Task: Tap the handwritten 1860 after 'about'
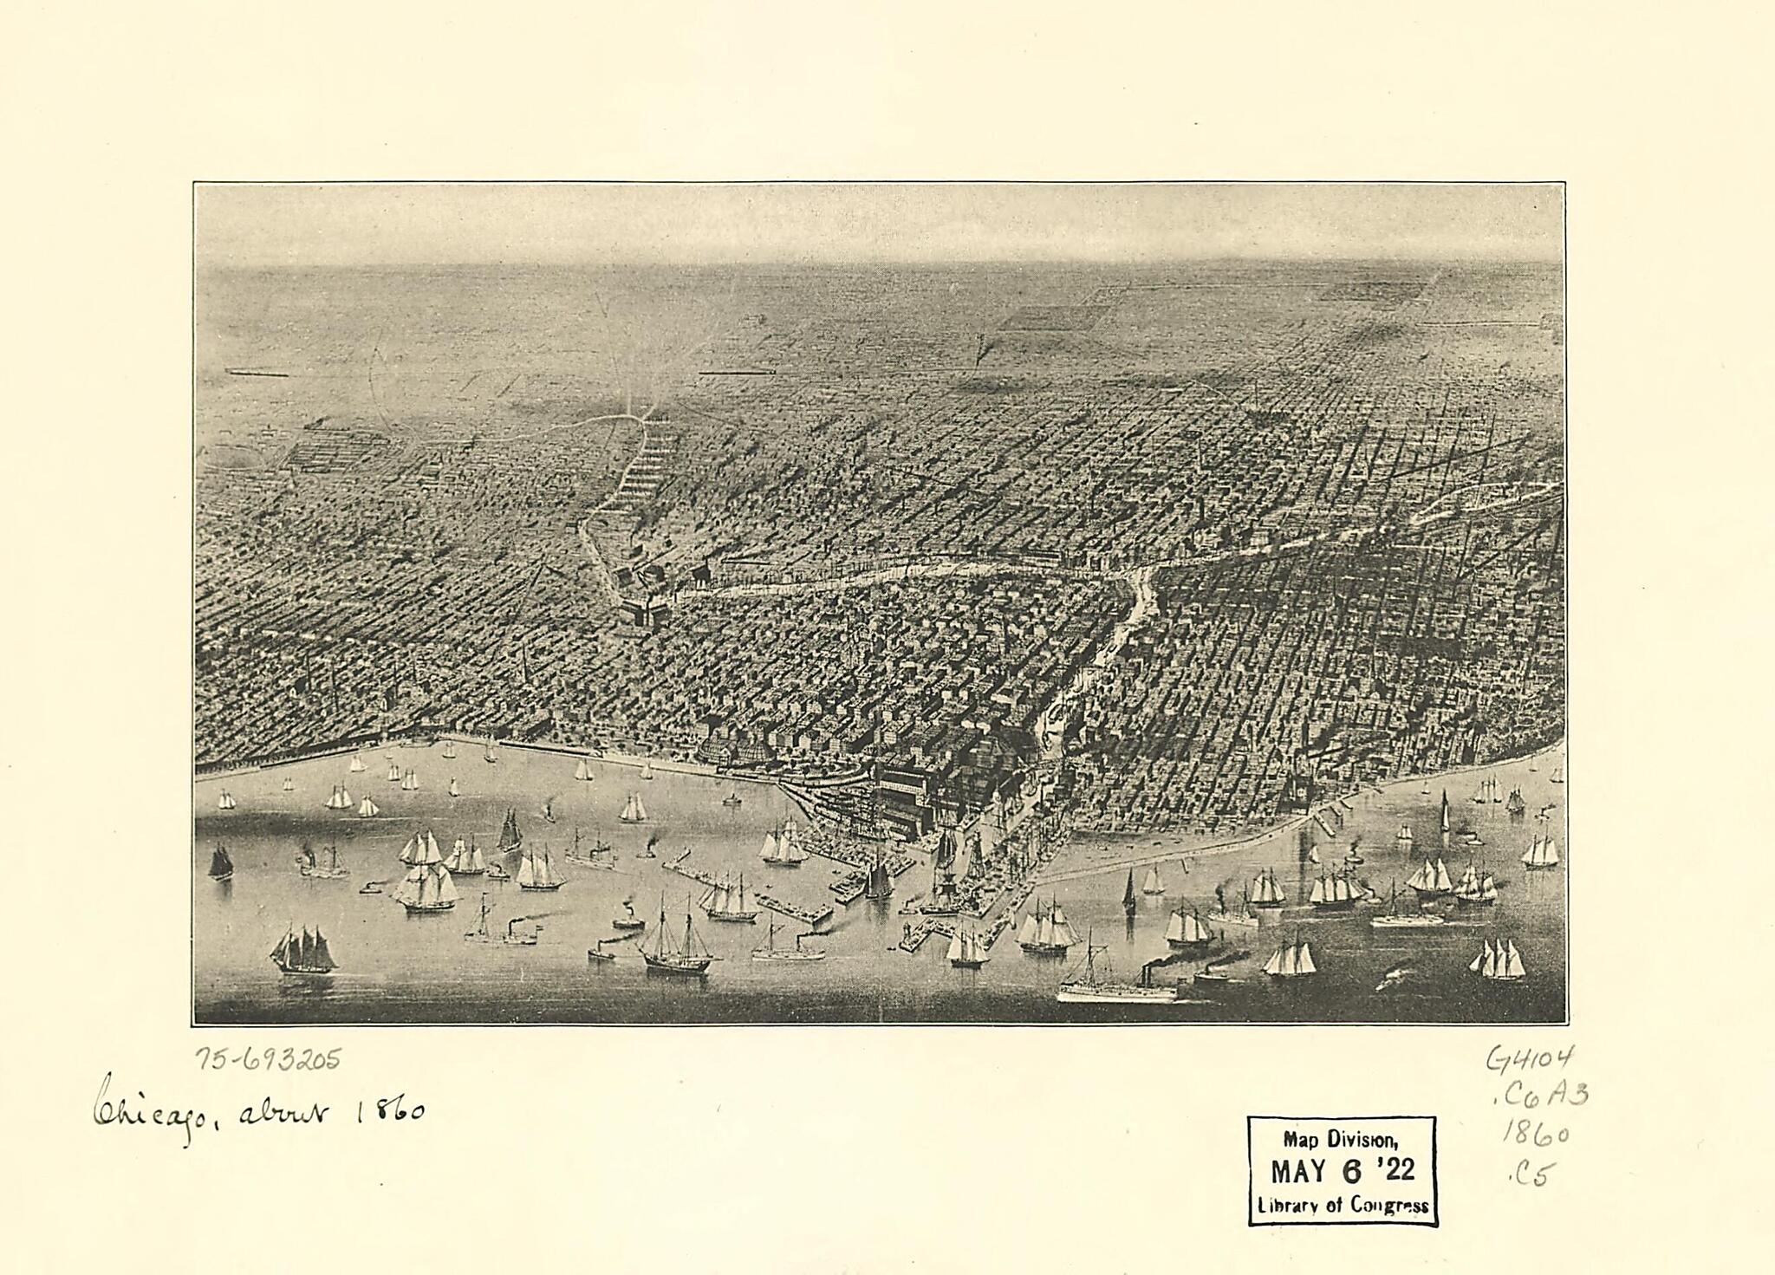coord(390,1110)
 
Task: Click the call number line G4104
coord(1530,1058)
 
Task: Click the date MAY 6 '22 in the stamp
coord(1342,1172)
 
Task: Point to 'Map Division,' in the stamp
coord(1341,1141)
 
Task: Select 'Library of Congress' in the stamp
coord(1343,1206)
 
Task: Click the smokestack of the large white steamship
coord(1149,974)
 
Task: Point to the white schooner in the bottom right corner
coord(1498,960)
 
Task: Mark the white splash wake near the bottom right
coord(1397,974)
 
